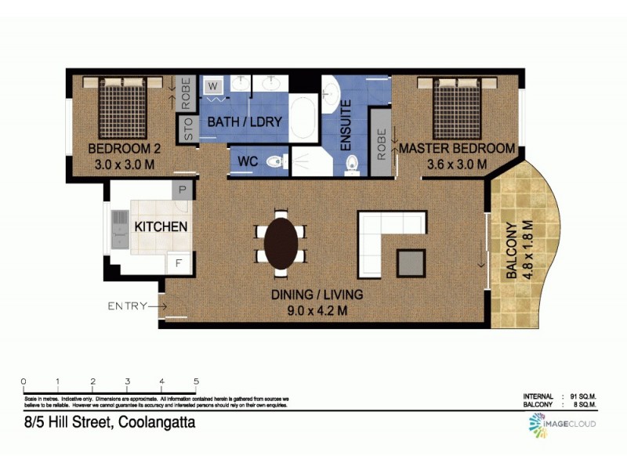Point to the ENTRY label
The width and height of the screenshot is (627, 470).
pyautogui.click(x=127, y=305)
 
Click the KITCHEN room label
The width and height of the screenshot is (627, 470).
pyautogui.click(x=161, y=227)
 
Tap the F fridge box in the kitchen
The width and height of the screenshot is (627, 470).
pyautogui.click(x=179, y=262)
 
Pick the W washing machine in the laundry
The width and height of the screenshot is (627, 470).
pyautogui.click(x=212, y=87)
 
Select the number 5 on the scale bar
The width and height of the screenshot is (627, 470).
pyautogui.click(x=196, y=381)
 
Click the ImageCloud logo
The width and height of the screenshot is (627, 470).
pyautogui.click(x=560, y=424)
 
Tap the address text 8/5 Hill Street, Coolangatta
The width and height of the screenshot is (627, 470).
pyautogui.click(x=109, y=422)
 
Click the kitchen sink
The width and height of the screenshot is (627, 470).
pyautogui.click(x=120, y=227)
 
